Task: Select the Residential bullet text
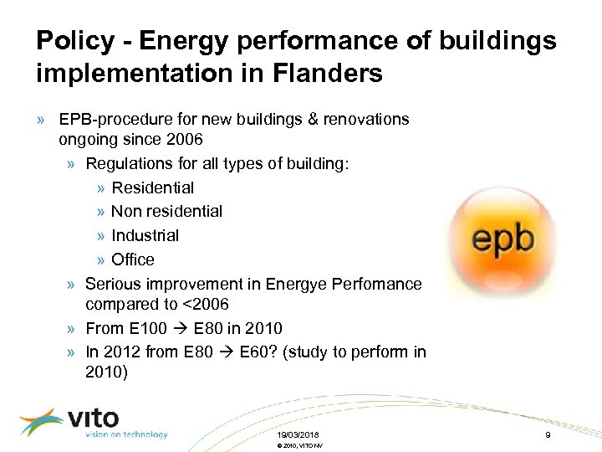tap(152, 187)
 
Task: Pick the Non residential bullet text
tap(166, 212)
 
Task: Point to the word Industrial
tap(145, 236)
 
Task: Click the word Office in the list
tap(133, 259)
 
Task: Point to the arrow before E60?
tap(227, 352)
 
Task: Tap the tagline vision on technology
tap(126, 434)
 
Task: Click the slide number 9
tap(547, 435)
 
